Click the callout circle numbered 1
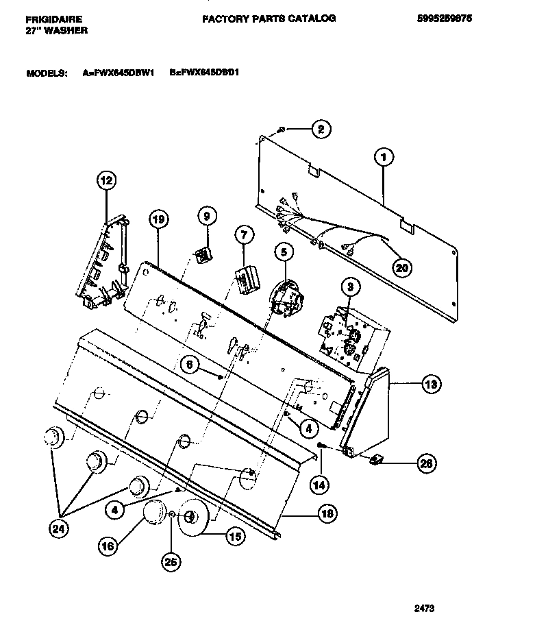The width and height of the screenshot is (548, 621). [x=384, y=158]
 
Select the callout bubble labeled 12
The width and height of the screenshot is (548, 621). [x=105, y=181]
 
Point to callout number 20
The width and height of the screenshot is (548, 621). [x=401, y=267]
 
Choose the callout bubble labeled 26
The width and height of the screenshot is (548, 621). [x=425, y=464]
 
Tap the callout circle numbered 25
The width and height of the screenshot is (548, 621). [x=171, y=561]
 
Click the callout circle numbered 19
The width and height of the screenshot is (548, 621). [x=158, y=220]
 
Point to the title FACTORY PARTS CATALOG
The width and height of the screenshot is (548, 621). [x=269, y=19]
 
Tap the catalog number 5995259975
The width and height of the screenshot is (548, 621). [x=443, y=19]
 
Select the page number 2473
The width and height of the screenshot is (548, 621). [x=425, y=607]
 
